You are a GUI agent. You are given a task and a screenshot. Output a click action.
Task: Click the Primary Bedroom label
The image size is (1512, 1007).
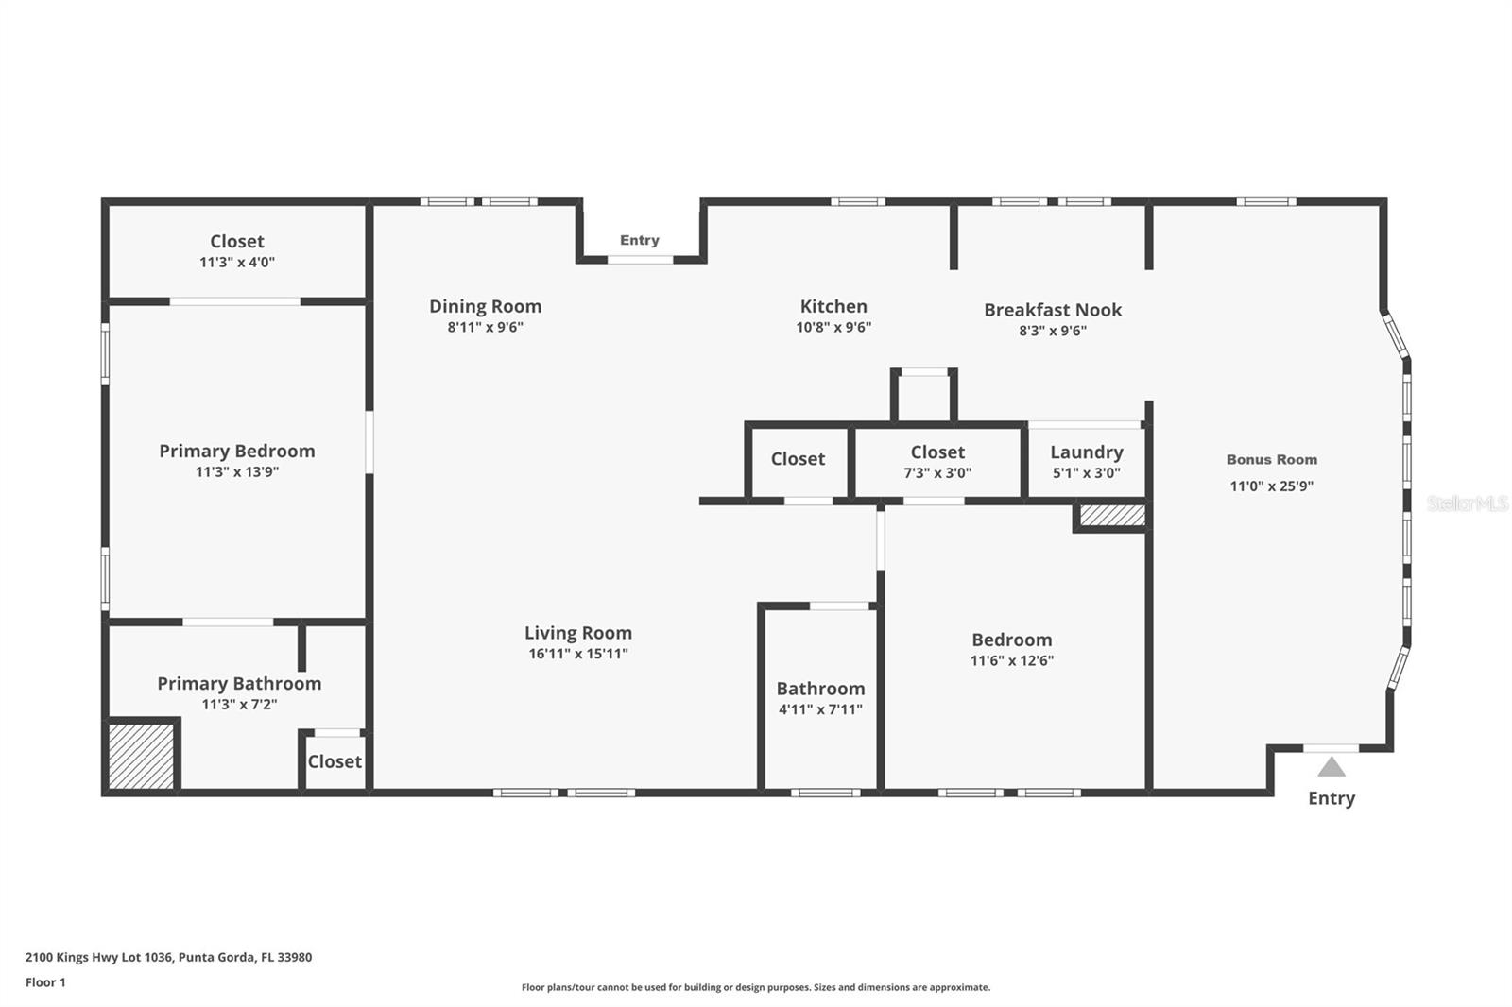[237, 451]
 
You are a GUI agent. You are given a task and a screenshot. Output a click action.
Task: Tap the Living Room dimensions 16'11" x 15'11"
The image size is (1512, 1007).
[578, 654]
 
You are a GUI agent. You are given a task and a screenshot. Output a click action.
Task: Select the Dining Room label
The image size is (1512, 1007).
[486, 306]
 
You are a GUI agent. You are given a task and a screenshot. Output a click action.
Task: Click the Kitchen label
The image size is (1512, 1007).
[833, 306]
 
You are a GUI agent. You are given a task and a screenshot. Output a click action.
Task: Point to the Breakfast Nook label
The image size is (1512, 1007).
[1053, 310]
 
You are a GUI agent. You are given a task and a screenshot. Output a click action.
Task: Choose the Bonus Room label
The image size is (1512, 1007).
[1272, 460]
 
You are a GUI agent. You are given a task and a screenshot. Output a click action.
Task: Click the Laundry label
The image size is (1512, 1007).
[1087, 452]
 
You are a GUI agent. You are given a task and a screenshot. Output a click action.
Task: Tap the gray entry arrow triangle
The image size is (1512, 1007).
[1332, 767]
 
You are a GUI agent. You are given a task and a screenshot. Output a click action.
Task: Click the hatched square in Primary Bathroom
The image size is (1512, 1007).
[141, 756]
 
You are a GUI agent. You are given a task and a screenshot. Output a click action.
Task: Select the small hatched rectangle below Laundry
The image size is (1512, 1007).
[1112, 516]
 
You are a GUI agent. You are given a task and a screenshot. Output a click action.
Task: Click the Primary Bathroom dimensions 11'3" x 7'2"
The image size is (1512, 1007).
[240, 705]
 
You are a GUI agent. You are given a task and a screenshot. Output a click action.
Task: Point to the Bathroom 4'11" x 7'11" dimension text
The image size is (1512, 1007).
[821, 709]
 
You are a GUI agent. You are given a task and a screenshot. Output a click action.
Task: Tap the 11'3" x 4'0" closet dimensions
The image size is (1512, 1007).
[237, 262]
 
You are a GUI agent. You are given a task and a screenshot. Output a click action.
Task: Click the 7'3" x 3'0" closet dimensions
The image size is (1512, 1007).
[937, 473]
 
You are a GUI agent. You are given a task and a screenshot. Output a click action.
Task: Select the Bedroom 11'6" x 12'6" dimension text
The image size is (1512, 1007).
[1012, 660]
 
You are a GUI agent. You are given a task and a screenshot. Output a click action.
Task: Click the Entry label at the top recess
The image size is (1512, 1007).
[639, 240]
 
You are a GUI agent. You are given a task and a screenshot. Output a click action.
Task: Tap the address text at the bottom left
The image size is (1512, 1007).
[169, 957]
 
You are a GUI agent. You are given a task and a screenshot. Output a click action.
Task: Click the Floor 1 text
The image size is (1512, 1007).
[45, 982]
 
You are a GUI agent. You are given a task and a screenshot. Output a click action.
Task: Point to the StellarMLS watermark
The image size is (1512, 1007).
[1467, 503]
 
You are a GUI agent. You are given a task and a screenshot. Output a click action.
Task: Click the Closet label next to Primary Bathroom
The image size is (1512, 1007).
[335, 761]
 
